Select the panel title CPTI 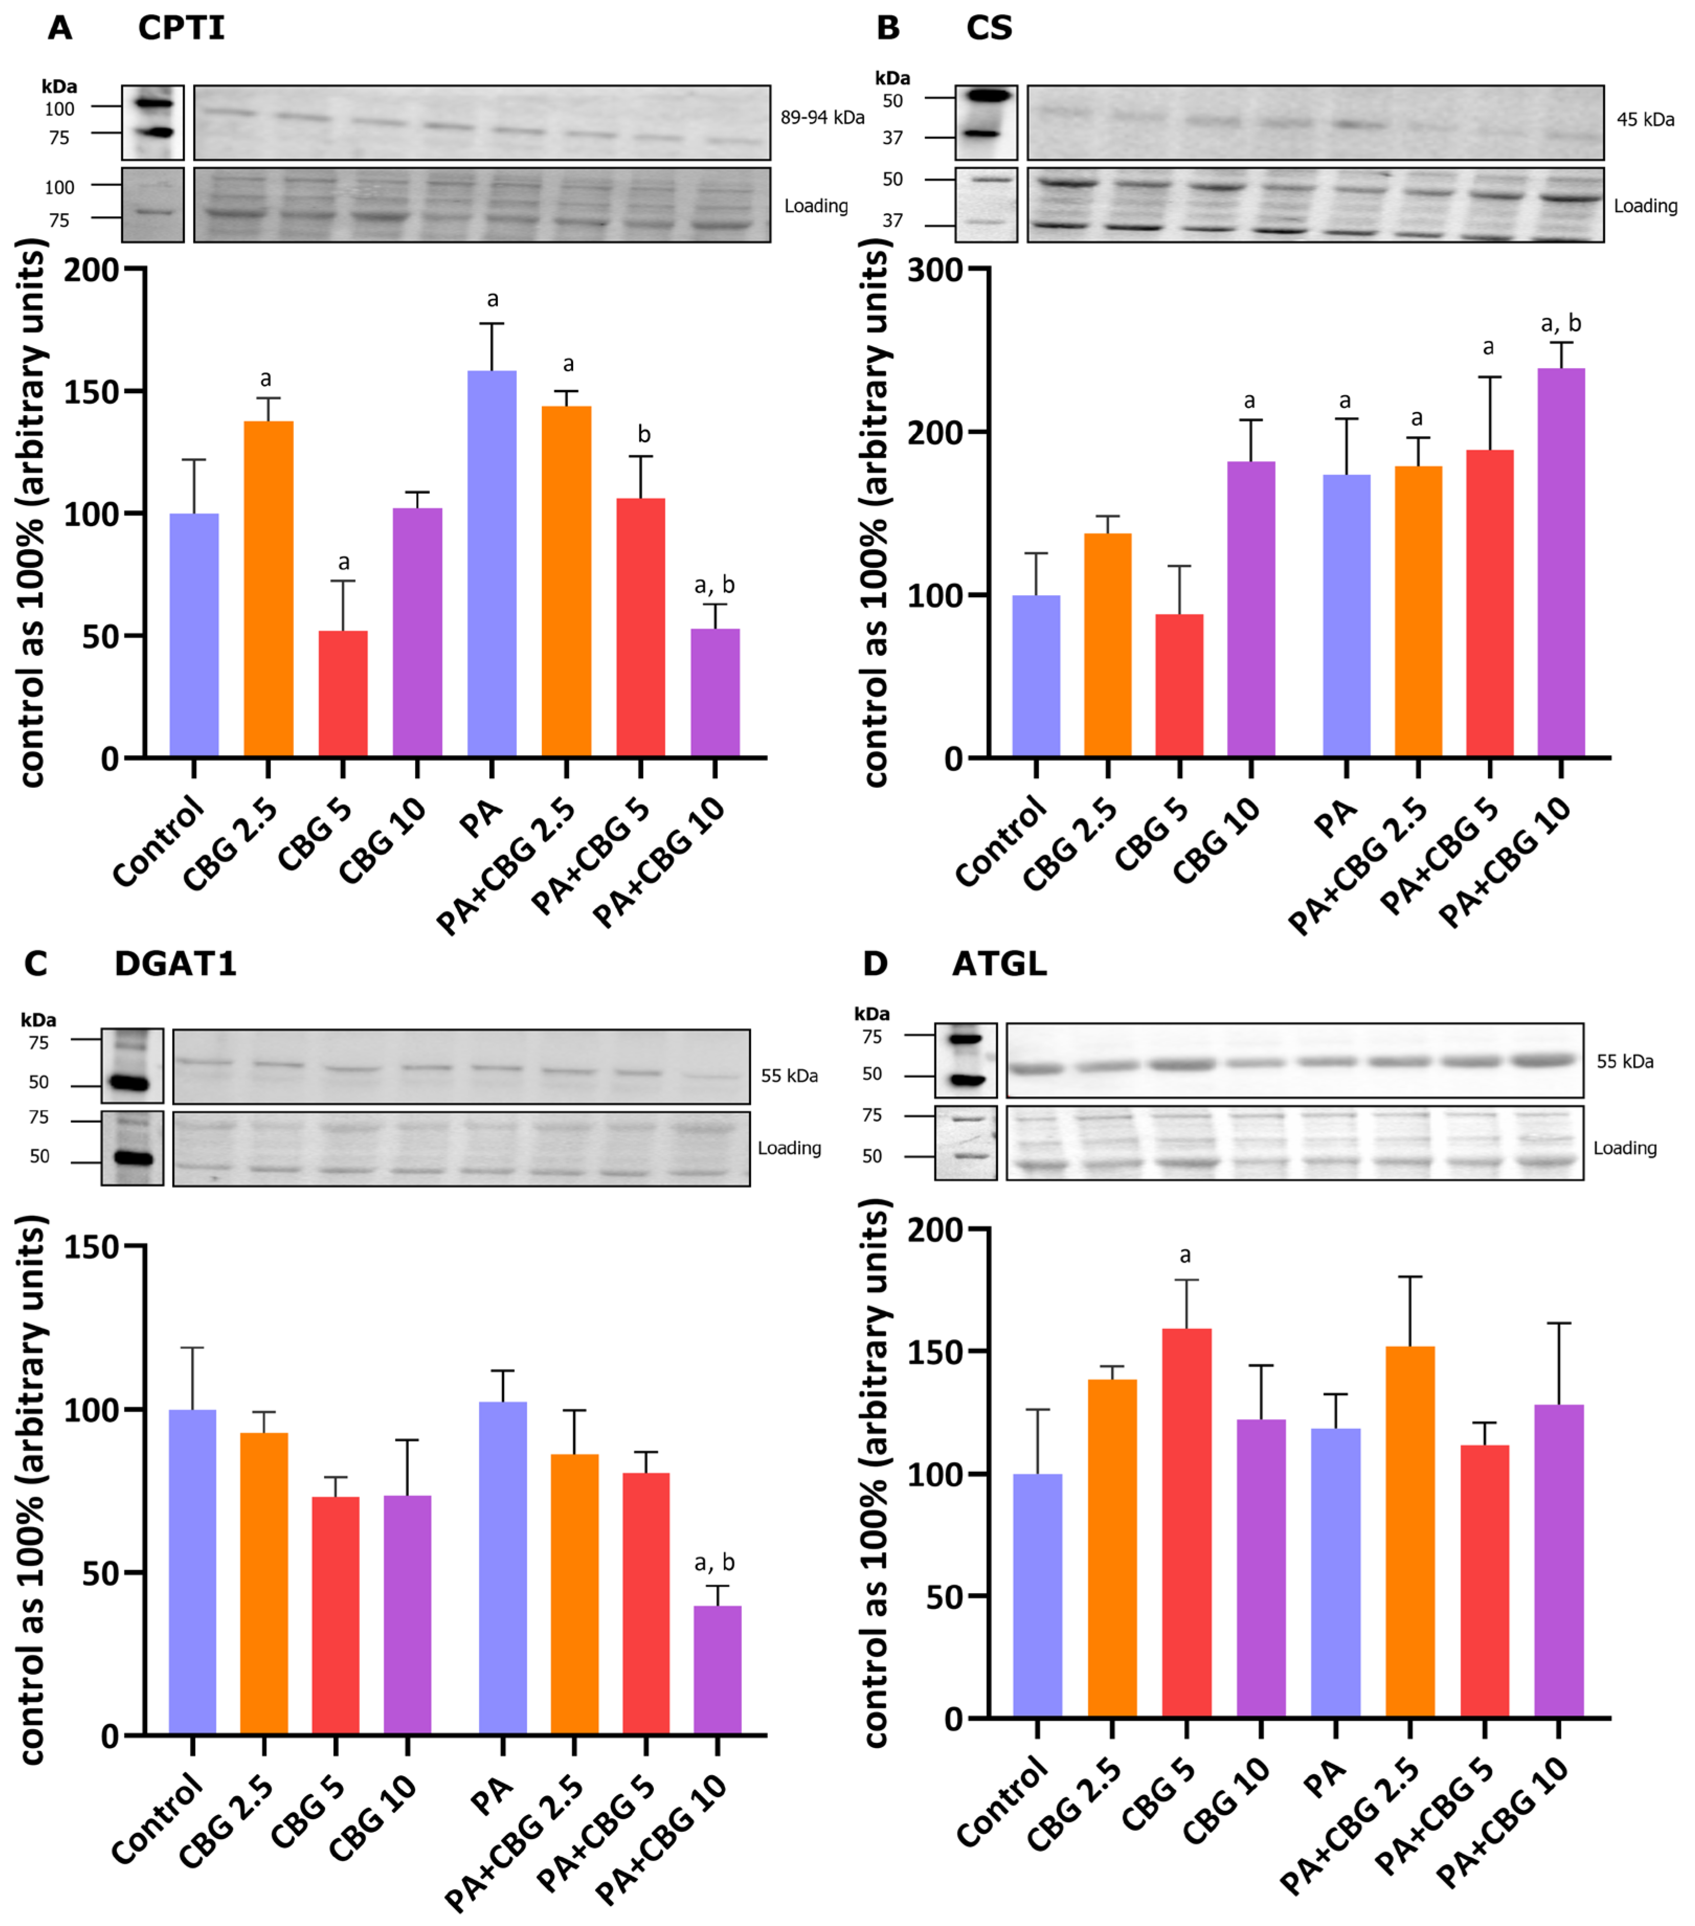[181, 28]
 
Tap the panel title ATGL [999, 964]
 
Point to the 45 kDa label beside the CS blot [1645, 120]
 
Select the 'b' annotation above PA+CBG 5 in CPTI [643, 435]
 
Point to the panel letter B [887, 28]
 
